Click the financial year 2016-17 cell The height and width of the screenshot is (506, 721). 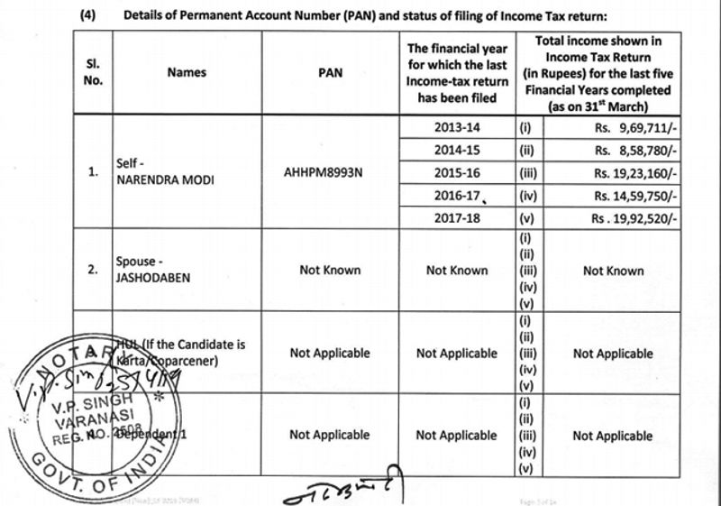point(456,195)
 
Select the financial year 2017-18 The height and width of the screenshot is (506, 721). point(456,218)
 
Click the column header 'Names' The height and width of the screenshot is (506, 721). point(187,72)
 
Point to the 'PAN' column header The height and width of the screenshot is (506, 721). point(330,72)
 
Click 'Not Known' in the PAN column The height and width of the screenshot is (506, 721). point(330,270)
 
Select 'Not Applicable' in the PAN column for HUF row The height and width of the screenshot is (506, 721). point(330,354)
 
